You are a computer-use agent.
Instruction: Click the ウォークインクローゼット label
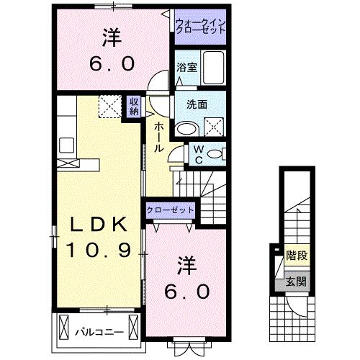click(201, 27)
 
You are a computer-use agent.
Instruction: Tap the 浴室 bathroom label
click(187, 68)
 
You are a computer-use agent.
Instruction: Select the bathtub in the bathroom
click(214, 67)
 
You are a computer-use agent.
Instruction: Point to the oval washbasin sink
click(189, 129)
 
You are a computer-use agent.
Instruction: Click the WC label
click(196, 155)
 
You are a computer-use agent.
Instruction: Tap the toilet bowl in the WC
click(219, 154)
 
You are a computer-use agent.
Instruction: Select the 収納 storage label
click(135, 107)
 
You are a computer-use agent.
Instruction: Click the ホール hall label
click(158, 135)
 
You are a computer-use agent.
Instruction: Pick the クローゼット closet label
click(171, 210)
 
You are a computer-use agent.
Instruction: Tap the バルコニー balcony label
click(99, 332)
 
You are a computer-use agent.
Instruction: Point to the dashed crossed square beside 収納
click(112, 107)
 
